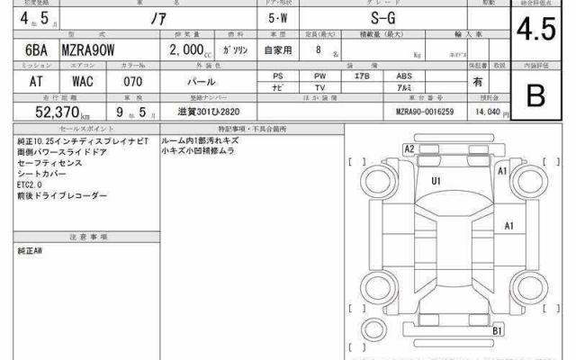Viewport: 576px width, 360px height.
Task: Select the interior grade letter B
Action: (536, 96)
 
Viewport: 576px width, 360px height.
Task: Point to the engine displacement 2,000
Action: (185, 51)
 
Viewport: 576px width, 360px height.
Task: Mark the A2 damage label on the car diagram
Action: (409, 148)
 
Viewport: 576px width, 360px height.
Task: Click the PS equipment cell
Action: (279, 76)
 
